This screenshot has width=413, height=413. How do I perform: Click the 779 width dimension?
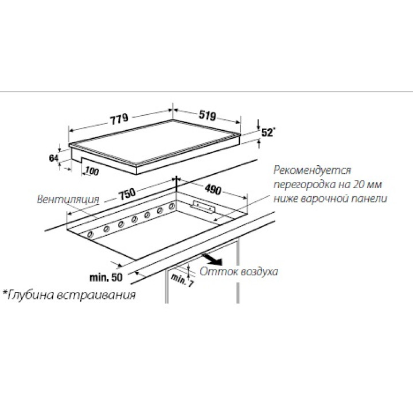click(119, 119)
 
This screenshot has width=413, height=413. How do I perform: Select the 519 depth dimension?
click(207, 115)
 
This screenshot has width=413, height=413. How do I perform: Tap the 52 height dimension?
click(267, 133)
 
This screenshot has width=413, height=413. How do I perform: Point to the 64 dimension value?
click(54, 158)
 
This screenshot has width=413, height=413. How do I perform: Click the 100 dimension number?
click(92, 172)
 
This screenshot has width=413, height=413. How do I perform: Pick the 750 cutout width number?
click(127, 194)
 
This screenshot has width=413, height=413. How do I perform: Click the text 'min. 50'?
click(106, 278)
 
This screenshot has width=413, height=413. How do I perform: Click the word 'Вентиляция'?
click(68, 200)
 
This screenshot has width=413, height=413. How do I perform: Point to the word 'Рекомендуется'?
click(312, 170)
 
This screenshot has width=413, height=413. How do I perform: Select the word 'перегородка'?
click(303, 184)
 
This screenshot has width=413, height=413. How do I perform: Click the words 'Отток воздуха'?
click(239, 271)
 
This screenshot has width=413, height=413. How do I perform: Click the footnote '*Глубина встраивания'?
click(69, 295)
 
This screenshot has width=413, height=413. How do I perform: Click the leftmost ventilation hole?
click(91, 234)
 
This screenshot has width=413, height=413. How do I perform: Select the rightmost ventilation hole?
click(172, 206)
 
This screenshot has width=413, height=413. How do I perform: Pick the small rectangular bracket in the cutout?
click(204, 206)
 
